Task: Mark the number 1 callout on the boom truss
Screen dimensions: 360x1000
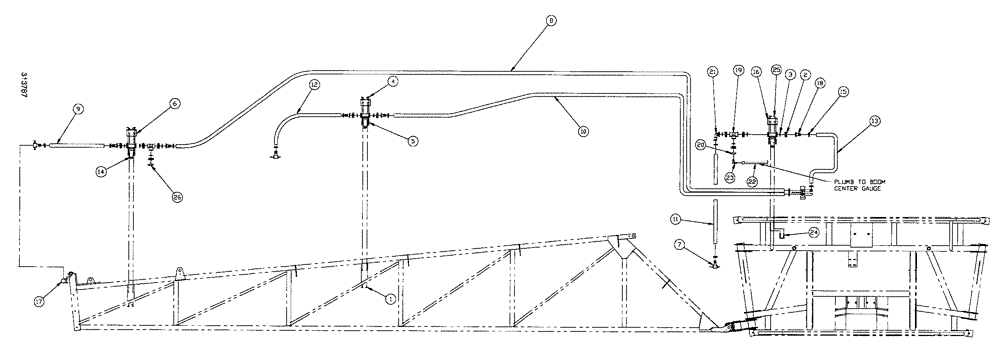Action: [390, 296]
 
